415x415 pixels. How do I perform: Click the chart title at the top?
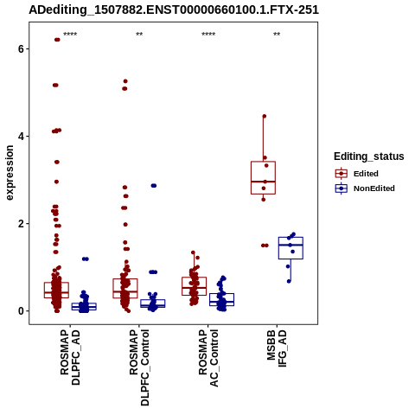[174, 10]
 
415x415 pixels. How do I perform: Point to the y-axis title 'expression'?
[10, 173]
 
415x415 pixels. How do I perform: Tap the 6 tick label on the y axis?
[21, 49]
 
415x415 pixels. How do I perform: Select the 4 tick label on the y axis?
[21, 137]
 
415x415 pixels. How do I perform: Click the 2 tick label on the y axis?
[21, 224]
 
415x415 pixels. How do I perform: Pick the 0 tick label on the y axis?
[21, 311]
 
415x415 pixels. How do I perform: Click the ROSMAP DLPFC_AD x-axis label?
[70, 357]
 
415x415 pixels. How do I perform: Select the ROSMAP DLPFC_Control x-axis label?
[139, 367]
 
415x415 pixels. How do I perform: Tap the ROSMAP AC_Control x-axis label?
[208, 358]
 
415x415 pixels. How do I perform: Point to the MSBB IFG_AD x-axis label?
[277, 348]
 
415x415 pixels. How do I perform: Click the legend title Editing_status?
[369, 156]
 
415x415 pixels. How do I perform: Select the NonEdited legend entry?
[365, 188]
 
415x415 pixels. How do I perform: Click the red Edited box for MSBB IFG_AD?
[263, 162]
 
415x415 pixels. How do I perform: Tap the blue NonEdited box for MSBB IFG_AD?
[290, 238]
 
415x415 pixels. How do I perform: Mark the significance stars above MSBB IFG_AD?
[277, 35]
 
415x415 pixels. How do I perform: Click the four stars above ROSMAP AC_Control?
[208, 35]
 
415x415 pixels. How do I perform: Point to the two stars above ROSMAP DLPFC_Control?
[139, 35]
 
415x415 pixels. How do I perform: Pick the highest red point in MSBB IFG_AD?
[265, 116]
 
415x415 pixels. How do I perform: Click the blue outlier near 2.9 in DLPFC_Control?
[154, 186]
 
